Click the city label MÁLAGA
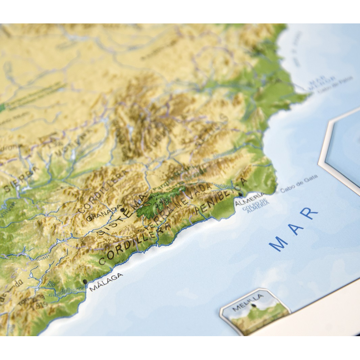pos(106,282)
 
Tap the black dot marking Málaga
pos(85,282)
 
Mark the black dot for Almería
pos(241,194)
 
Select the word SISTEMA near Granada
pos(121,220)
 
